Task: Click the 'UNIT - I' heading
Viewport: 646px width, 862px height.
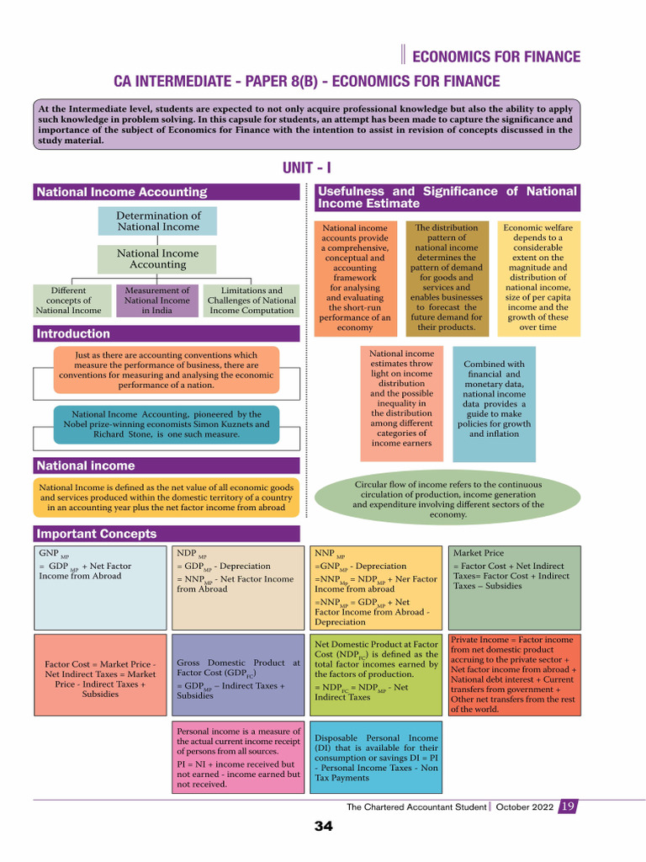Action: click(307, 168)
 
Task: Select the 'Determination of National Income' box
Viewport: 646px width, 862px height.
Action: click(157, 221)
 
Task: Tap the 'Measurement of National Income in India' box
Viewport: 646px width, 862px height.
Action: click(157, 301)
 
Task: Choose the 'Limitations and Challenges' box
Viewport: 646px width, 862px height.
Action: click(252, 301)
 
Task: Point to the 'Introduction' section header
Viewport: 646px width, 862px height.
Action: click(74, 333)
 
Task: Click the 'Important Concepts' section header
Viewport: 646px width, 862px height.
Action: click(96, 534)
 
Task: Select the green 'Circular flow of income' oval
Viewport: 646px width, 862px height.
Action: click(447, 500)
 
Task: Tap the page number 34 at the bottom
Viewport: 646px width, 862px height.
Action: click(323, 826)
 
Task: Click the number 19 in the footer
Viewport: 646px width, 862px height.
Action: click(568, 806)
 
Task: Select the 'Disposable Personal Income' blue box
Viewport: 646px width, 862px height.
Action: click(376, 758)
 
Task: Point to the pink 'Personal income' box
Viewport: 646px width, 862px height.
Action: click(239, 758)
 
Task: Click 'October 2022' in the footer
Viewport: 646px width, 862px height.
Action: click(525, 806)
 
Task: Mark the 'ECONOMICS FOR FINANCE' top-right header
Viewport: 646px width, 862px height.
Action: click(497, 57)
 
